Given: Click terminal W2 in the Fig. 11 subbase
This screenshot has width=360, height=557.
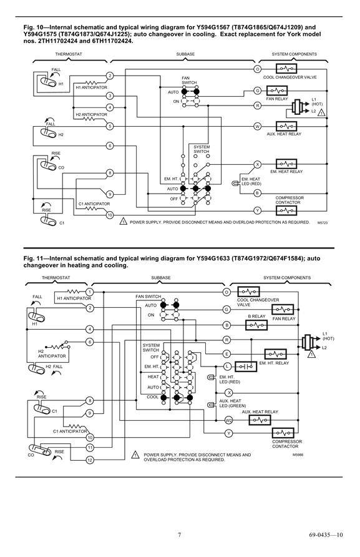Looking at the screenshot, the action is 229,420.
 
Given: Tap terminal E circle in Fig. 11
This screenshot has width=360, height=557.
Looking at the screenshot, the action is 226,354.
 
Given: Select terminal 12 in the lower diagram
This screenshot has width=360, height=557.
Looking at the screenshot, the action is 90,460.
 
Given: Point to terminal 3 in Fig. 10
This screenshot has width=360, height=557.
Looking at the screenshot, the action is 110,96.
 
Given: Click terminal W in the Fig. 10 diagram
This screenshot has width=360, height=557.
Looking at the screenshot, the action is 258,127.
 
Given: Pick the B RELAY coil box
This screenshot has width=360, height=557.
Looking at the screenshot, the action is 256,325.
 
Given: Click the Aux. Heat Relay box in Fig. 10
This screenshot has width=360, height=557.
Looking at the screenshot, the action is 286,126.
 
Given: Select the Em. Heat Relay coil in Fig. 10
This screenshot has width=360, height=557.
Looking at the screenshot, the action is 286,164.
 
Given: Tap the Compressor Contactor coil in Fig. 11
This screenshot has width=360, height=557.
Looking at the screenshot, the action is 283,433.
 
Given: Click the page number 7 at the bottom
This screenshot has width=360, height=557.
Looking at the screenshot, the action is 179,535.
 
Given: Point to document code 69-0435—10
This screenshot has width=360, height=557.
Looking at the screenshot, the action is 326,535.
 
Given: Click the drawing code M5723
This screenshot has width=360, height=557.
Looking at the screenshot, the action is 323,223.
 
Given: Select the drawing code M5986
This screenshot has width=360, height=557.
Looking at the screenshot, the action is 298,455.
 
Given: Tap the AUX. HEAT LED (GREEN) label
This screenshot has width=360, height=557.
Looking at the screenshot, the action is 233,403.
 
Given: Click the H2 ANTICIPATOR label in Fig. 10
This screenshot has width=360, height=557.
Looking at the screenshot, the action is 91,114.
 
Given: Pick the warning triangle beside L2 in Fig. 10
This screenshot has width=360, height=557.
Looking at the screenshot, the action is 321,113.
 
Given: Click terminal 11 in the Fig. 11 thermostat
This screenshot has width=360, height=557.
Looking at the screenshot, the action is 90,448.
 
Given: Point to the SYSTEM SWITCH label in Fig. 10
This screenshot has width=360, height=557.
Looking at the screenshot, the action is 202,149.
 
